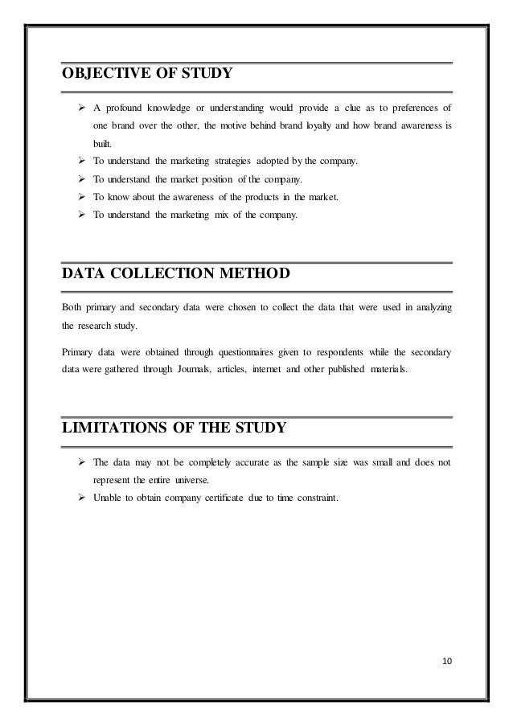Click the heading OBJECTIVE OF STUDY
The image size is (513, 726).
[147, 75]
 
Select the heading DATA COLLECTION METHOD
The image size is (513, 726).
[175, 276]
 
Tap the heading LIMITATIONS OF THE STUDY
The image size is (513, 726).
[173, 427]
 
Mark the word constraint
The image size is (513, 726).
[316, 498]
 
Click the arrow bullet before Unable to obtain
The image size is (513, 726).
[82, 498]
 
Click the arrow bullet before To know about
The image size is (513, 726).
[82, 197]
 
